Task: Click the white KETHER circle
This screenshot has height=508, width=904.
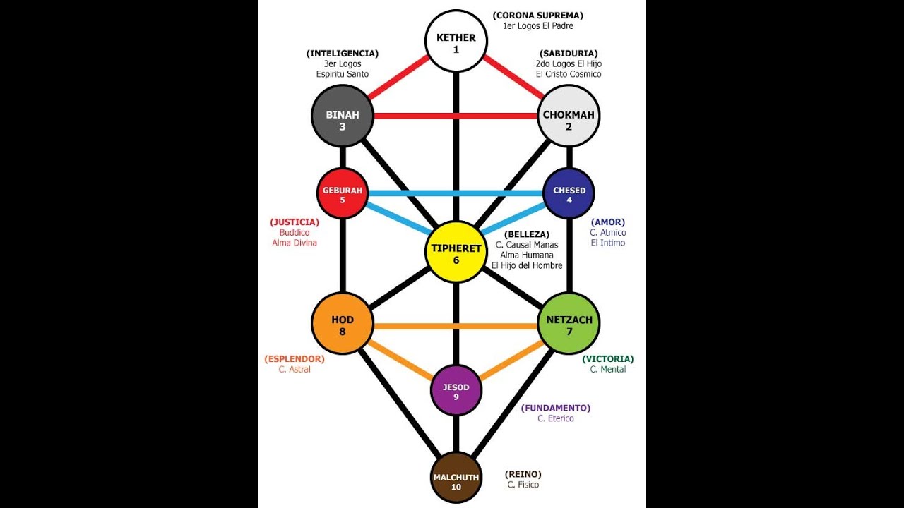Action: [x=456, y=42]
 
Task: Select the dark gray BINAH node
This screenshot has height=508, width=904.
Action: [x=343, y=116]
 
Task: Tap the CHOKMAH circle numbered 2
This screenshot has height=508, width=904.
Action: [x=569, y=116]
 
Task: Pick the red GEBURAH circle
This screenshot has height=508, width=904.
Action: [x=343, y=193]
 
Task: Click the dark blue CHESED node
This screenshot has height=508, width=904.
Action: [x=569, y=193]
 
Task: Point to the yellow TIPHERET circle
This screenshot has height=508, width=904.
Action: [x=456, y=252]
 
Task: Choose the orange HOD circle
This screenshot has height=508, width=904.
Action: [x=343, y=324]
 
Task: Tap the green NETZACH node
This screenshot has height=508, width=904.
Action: [x=569, y=324]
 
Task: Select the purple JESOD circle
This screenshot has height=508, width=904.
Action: [x=456, y=390]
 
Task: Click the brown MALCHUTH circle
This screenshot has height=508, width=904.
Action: [x=456, y=479]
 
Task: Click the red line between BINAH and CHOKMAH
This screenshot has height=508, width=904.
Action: [x=456, y=116]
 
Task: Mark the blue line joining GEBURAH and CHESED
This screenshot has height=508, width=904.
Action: [x=456, y=193]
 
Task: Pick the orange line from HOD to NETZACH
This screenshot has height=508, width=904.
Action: [x=456, y=326]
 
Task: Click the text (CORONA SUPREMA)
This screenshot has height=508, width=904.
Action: [x=537, y=15]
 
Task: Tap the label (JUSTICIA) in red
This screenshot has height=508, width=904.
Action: [x=295, y=222]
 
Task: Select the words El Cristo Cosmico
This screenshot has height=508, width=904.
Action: [x=568, y=74]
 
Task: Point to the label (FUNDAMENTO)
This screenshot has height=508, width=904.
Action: [x=555, y=408]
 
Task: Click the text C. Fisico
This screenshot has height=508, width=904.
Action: [x=523, y=485]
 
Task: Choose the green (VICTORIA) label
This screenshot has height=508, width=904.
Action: [x=607, y=358]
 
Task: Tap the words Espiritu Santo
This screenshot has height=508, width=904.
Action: [x=343, y=74]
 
